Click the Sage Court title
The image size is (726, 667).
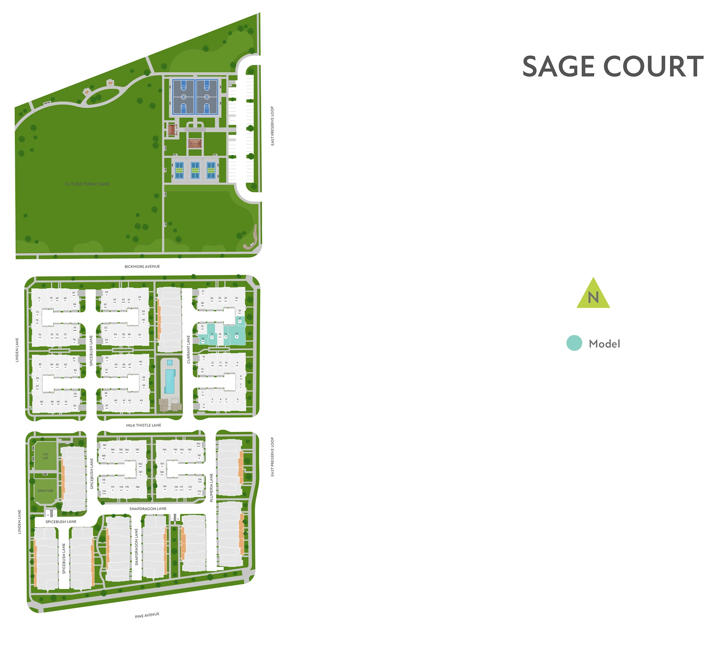(x=612, y=67)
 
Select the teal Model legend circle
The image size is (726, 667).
(x=574, y=343)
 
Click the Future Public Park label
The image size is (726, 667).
(x=88, y=184)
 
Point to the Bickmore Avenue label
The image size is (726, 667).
(x=142, y=267)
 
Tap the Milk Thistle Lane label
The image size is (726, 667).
(x=144, y=425)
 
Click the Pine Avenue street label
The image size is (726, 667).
(x=147, y=615)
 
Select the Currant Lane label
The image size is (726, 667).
(x=188, y=349)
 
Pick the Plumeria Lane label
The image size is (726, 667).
(x=211, y=488)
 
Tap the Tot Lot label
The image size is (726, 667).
(x=46, y=456)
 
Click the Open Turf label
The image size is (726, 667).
(x=46, y=491)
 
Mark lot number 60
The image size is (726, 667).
(x=140, y=298)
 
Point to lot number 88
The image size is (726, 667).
(x=42, y=402)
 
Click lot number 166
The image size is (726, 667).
(x=164, y=450)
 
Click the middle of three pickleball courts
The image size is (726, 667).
(x=195, y=170)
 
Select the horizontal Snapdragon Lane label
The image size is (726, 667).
(x=148, y=509)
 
